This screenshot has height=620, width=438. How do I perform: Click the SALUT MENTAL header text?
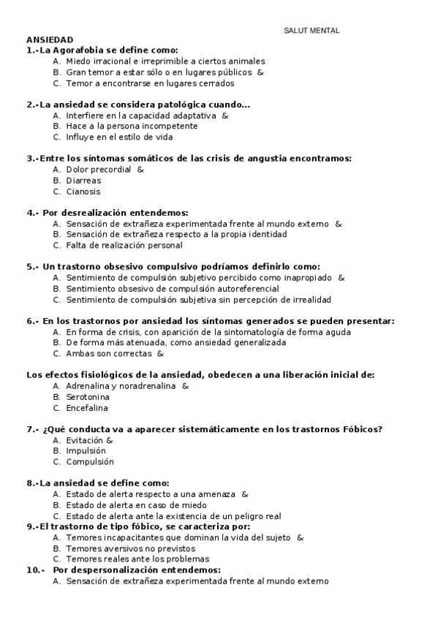coord(311,30)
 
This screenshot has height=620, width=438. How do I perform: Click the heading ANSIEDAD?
coord(50,40)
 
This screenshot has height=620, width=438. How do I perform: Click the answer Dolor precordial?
coord(98,170)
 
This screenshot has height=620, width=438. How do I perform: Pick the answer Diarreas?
coord(83,181)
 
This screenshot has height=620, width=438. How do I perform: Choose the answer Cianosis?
coord(83,192)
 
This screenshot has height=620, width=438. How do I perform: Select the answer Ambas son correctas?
coord(109,353)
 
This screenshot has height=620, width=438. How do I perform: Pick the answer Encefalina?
coord(87,407)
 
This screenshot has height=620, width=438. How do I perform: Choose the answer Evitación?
coord(84,440)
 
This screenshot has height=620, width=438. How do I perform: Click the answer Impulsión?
coord(86,451)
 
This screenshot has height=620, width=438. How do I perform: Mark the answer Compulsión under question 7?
coord(90,462)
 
